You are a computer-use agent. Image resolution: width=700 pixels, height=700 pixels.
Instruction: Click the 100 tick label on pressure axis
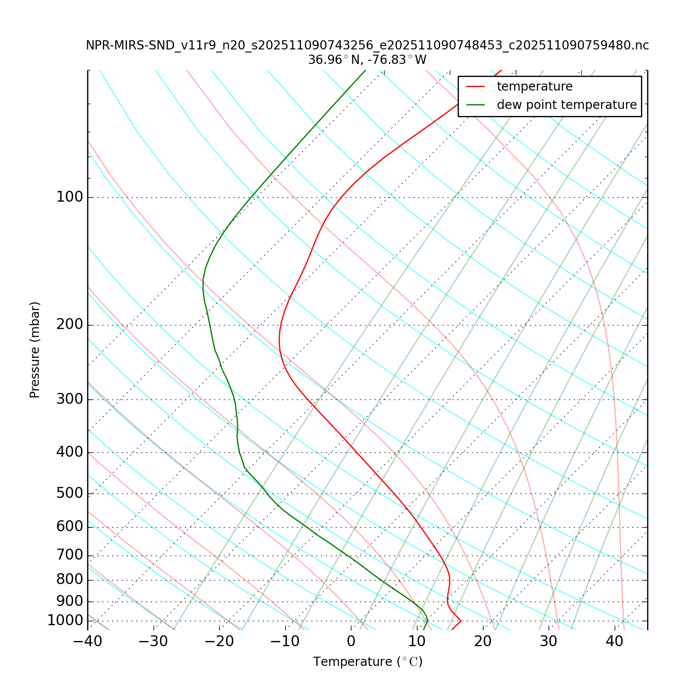point(70,197)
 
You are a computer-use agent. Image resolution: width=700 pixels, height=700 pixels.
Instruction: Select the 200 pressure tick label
point(70,325)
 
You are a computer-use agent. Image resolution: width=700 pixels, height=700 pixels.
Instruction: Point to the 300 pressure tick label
point(70,399)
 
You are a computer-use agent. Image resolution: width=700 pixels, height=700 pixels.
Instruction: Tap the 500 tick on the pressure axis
point(70,493)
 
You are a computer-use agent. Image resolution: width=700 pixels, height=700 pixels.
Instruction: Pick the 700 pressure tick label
point(70,556)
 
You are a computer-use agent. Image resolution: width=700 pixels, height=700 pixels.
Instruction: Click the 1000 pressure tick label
point(65,621)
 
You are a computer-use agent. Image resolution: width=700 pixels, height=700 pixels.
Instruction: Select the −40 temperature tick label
point(87,642)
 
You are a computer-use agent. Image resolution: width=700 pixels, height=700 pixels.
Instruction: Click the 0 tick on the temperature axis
point(351,642)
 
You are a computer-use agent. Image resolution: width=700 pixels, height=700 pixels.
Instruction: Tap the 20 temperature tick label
point(483,642)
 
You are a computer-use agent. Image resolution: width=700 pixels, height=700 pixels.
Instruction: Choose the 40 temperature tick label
point(614,642)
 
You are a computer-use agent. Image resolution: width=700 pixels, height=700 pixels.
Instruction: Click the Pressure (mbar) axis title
point(35,350)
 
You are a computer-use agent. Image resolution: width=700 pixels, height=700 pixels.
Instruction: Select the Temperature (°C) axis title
point(367,662)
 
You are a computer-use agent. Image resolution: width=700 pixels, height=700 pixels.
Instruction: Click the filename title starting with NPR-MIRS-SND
point(367,45)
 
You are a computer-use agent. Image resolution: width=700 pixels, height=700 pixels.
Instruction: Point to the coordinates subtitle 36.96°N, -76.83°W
point(367,60)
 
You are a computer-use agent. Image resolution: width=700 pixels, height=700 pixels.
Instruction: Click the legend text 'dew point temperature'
point(567,105)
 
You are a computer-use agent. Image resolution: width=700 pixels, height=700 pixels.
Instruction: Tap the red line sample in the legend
point(476,87)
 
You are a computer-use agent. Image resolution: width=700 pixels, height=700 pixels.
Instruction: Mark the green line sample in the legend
point(476,105)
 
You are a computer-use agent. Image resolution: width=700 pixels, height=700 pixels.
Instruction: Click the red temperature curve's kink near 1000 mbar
point(461,621)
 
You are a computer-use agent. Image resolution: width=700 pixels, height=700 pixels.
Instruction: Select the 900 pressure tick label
point(70,602)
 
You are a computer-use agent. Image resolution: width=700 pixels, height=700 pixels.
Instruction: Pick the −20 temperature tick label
point(219,642)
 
